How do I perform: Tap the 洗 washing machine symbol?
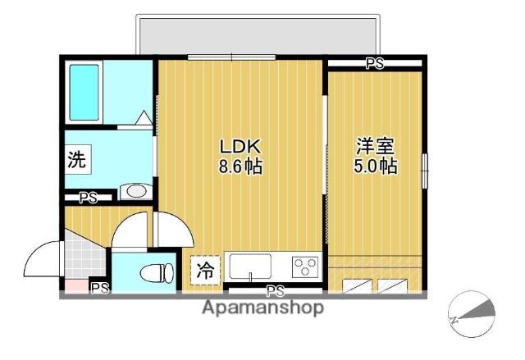point(76,160)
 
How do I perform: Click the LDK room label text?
point(240,147)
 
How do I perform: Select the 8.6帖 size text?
point(240,166)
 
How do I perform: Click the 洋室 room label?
point(375,147)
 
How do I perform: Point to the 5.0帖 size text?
point(375,166)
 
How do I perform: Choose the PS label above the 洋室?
point(375,63)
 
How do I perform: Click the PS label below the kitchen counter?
point(275,290)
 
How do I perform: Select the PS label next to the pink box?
point(99,287)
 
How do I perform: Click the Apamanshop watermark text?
point(262,308)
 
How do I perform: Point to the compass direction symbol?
point(473,314)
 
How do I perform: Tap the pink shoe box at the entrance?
point(74,286)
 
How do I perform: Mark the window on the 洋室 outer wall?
point(425,171)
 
